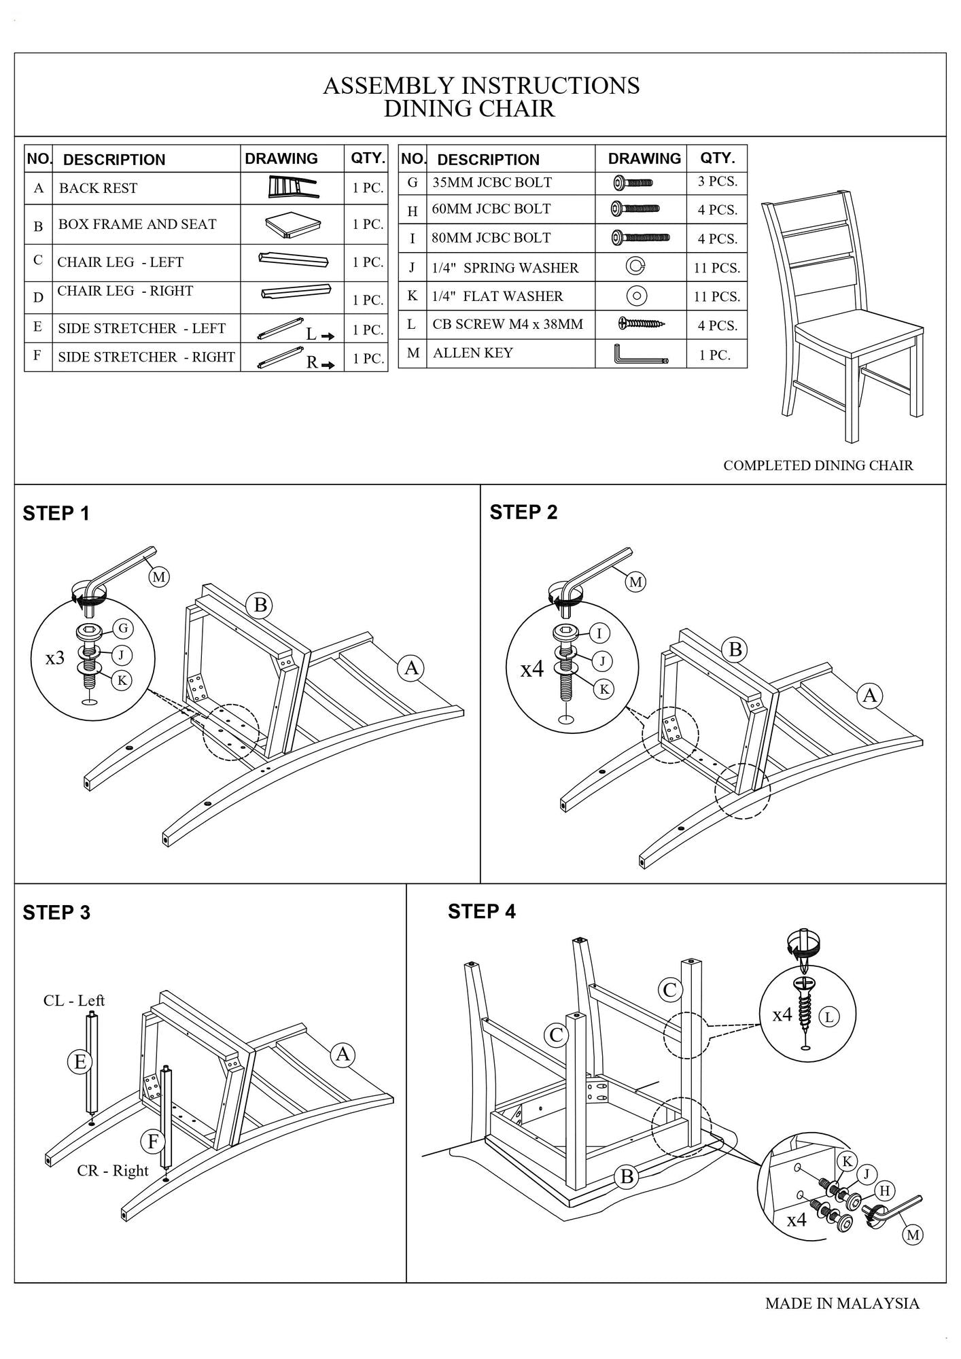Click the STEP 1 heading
pyautogui.click(x=56, y=514)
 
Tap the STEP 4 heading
pyautogui.click(x=481, y=912)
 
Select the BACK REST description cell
pyautogui.click(x=98, y=188)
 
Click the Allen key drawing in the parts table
pyautogui.click(x=640, y=354)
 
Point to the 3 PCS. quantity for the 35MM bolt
pyautogui.click(x=717, y=181)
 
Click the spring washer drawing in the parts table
pyautogui.click(x=635, y=267)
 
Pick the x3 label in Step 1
pyautogui.click(x=55, y=658)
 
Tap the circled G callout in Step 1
pyautogui.click(x=122, y=628)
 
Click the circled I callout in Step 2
pyautogui.click(x=599, y=634)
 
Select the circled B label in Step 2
pyautogui.click(x=735, y=650)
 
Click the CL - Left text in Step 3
pyautogui.click(x=74, y=1000)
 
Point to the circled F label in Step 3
pyautogui.click(x=153, y=1142)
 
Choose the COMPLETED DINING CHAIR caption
pyautogui.click(x=818, y=465)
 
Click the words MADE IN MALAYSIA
pyautogui.click(x=842, y=1303)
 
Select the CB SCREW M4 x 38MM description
pyautogui.click(x=507, y=324)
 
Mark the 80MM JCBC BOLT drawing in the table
pyautogui.click(x=640, y=238)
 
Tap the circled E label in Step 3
pyautogui.click(x=80, y=1061)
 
